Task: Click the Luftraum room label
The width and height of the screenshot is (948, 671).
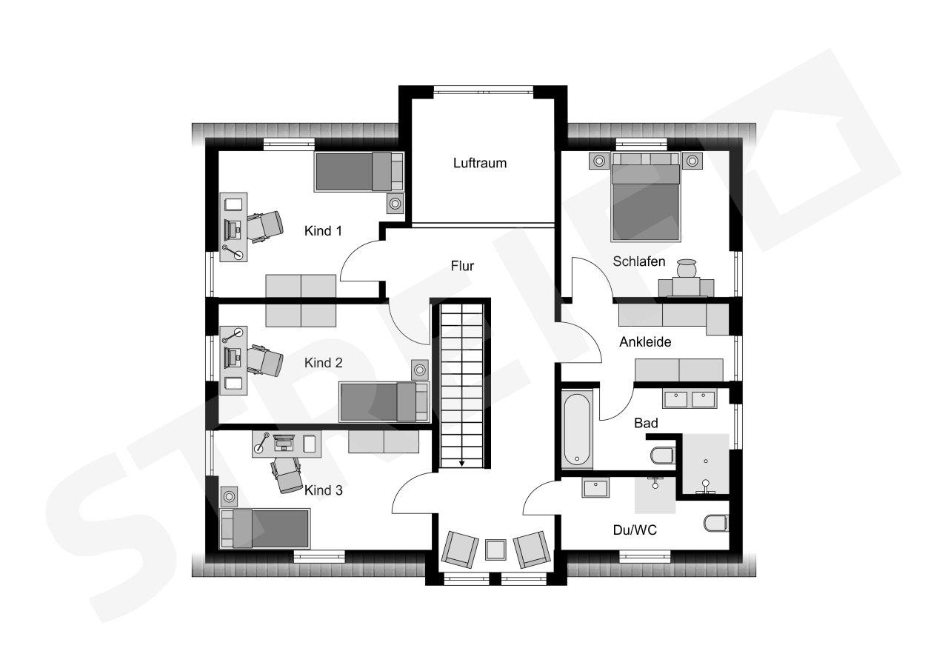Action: click(479, 163)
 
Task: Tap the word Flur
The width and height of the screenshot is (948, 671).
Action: click(462, 266)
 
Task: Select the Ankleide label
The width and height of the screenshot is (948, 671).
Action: click(645, 342)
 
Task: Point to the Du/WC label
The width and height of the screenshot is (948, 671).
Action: click(635, 530)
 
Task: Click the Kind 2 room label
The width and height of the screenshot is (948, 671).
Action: click(324, 363)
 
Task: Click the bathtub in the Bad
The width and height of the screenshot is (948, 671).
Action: click(577, 430)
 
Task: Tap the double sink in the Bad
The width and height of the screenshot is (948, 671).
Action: click(690, 398)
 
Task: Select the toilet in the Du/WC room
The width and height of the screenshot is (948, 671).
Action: click(716, 523)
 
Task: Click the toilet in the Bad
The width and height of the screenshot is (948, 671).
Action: click(663, 455)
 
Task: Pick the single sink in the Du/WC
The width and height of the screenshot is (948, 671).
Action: click(595, 488)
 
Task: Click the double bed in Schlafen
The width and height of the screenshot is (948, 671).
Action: click(645, 197)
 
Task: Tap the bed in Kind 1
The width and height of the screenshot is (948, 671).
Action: click(359, 171)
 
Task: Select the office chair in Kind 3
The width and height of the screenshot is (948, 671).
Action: click(287, 475)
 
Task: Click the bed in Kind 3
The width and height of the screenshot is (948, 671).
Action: click(265, 528)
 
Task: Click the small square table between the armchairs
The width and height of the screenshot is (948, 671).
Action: click(495, 550)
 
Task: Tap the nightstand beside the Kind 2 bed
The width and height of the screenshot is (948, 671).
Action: click(419, 370)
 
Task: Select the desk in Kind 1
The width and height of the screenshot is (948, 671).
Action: click(233, 227)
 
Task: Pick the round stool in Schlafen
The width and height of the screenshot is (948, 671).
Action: click(686, 268)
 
